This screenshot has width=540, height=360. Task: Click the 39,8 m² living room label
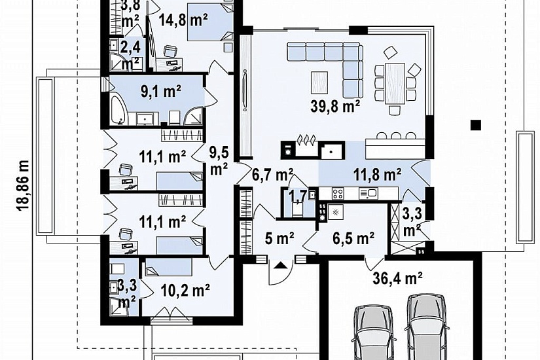[x=335, y=106]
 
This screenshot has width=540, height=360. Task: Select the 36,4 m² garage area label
[x=398, y=278]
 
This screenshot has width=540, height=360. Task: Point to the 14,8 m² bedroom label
[x=183, y=20]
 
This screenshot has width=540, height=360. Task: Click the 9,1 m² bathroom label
[x=161, y=92]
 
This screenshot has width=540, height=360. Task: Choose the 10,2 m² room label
[x=186, y=291]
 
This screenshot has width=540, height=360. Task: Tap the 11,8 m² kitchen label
[x=378, y=175]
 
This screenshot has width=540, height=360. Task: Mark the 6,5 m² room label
[x=353, y=238]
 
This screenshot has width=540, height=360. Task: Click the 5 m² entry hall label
[x=279, y=238]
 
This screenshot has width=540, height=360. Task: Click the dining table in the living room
[x=395, y=83]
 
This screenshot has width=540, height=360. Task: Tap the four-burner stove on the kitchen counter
[x=338, y=194]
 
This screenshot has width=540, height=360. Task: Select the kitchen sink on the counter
[x=367, y=193]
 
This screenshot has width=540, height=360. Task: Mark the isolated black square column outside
[x=476, y=124]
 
